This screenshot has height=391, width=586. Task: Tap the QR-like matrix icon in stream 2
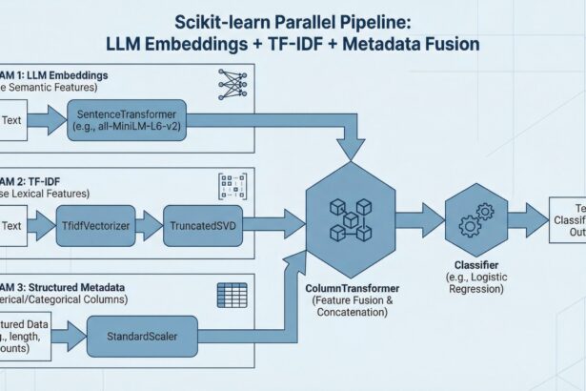(232, 185)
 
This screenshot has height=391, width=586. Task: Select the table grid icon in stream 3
(232, 292)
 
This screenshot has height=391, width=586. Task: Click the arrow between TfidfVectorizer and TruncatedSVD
(150, 226)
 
